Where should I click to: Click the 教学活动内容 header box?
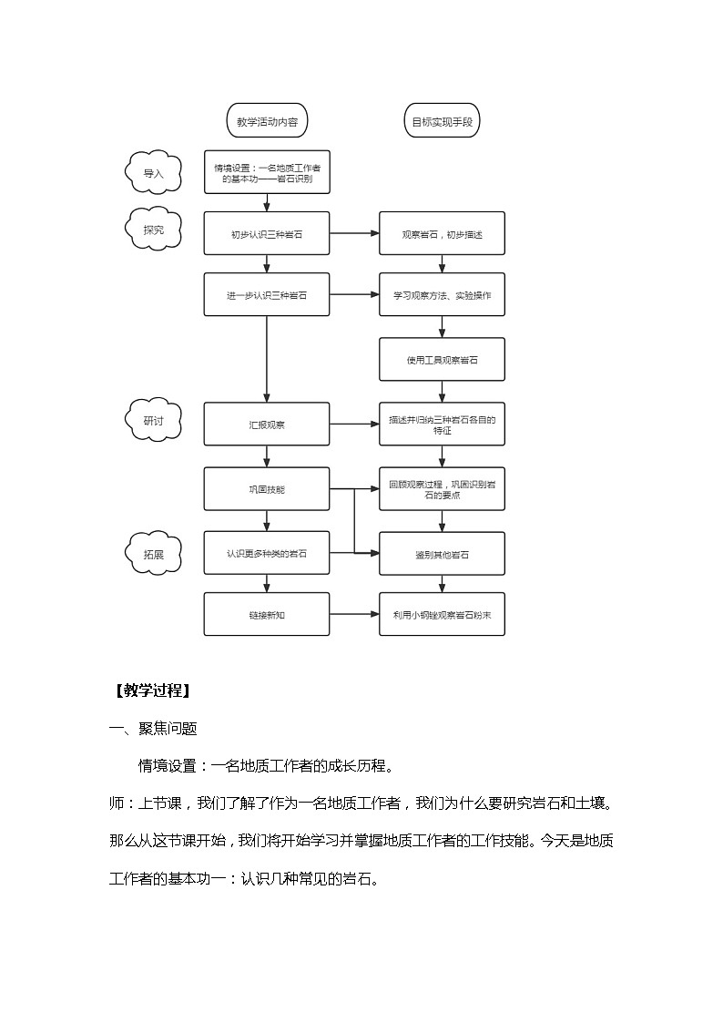267,120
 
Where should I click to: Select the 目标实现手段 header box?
442,120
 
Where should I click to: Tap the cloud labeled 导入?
152,173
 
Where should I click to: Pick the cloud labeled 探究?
152,230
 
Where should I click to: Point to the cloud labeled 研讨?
152,420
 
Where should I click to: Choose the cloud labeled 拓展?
152,551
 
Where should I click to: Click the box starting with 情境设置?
267,173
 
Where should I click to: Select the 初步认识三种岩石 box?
267,234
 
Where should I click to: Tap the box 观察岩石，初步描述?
442,234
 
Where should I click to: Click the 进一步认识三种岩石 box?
267,295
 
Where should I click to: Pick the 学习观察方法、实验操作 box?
442,295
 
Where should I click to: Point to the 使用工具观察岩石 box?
442,360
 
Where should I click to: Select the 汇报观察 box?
267,425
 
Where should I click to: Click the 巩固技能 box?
267,489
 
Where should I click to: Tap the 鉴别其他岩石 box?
442,554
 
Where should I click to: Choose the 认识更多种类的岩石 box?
267,553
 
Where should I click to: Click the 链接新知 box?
267,615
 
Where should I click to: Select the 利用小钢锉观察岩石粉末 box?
442,615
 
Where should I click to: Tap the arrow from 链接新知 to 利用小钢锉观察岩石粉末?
354,615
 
